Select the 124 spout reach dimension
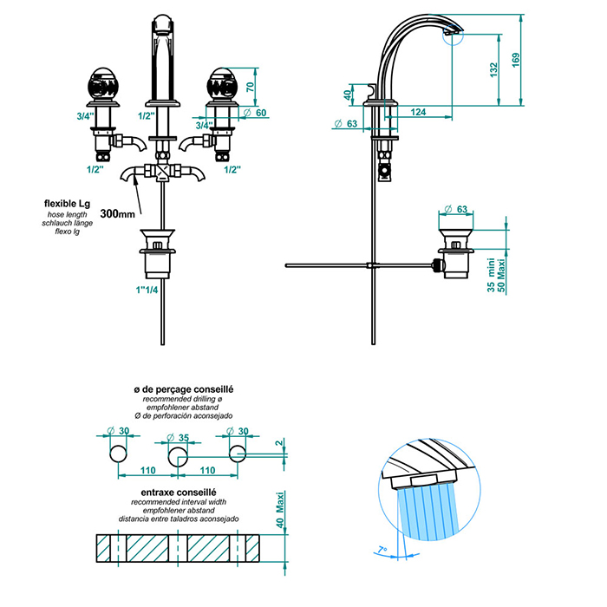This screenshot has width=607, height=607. coord(419,112)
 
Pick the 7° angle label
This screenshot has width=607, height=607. coord(382,548)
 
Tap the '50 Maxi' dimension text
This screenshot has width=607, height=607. coord(502,273)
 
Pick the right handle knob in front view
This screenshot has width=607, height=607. coord(218,86)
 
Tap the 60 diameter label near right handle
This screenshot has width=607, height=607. coord(261,113)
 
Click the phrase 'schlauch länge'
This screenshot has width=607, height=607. coord(66,224)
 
